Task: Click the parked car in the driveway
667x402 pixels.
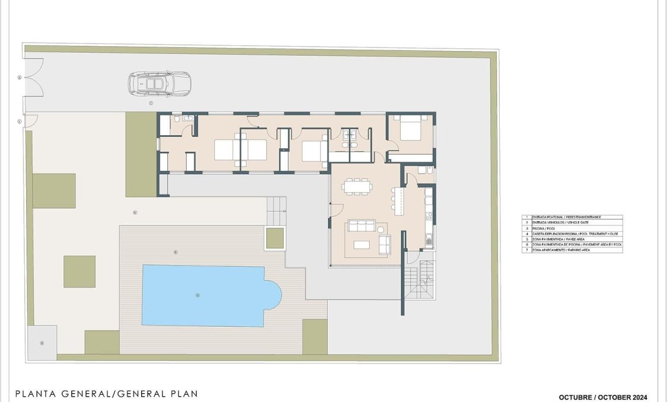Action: point(158,84)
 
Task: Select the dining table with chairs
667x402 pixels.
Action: point(358,187)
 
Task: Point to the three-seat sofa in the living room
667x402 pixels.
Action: point(362,226)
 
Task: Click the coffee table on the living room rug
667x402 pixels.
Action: point(361,244)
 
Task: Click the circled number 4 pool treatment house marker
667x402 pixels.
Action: point(42,343)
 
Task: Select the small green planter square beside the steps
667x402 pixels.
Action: point(275,238)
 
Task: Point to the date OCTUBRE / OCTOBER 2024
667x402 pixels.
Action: point(603,397)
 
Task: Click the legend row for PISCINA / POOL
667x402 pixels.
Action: point(572,228)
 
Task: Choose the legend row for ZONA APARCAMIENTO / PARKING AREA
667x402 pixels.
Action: point(572,250)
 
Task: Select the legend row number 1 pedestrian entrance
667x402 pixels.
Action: point(572,218)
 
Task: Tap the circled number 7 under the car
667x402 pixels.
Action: point(151,103)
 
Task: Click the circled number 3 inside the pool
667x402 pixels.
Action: point(197,295)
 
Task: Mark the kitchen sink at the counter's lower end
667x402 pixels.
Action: point(428,240)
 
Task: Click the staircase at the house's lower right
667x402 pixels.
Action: point(419,282)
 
